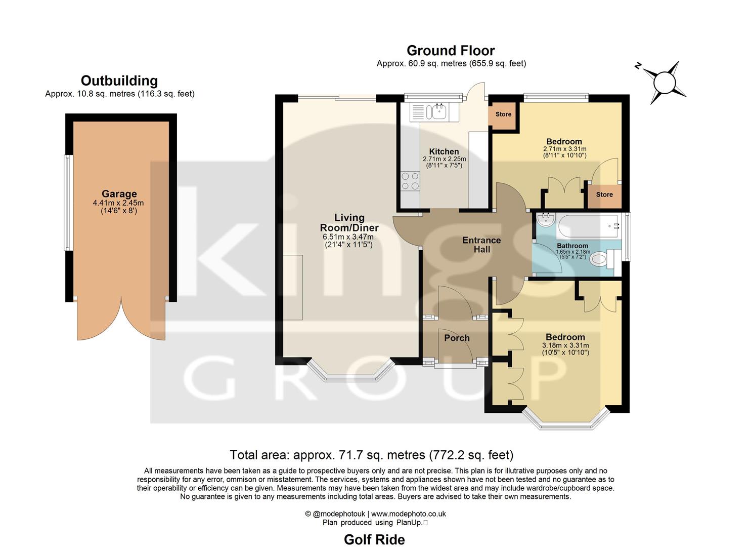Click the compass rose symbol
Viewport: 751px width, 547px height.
click(x=664, y=82)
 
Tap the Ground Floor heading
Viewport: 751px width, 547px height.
click(x=451, y=51)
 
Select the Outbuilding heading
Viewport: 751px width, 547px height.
click(x=119, y=81)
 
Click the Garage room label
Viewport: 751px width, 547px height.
click(x=119, y=194)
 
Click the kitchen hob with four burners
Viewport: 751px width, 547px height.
click(x=410, y=181)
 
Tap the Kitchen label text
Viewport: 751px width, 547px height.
click(x=444, y=151)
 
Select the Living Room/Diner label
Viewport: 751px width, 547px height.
click(x=349, y=223)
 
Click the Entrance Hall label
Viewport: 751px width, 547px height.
click(x=481, y=245)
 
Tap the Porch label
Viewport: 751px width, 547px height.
click(x=457, y=338)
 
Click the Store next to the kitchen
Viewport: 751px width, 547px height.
click(x=503, y=114)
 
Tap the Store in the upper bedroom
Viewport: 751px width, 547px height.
click(x=604, y=195)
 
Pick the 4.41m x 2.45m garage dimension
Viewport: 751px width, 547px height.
click(x=118, y=203)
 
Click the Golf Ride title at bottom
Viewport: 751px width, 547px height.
click(x=374, y=539)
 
